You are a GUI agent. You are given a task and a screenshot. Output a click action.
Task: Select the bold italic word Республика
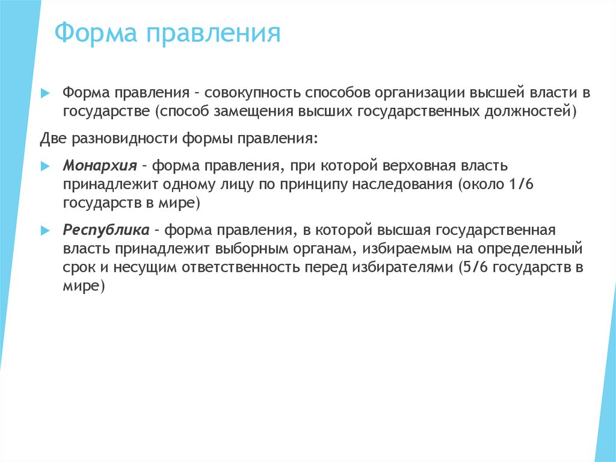(x=106, y=230)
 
